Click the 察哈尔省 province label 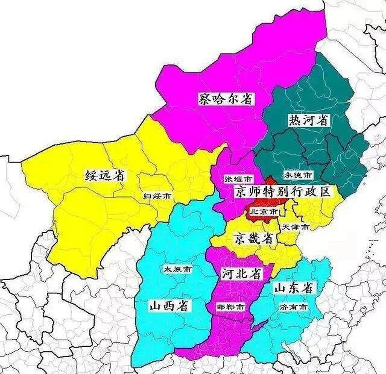pos(225,99)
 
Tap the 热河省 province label pos(308,120)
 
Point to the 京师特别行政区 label pos(283,192)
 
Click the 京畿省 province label pos(254,239)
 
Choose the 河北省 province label pos(241,274)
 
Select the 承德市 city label pos(298,175)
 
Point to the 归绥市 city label pos(157,195)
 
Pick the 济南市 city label pos(293,307)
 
